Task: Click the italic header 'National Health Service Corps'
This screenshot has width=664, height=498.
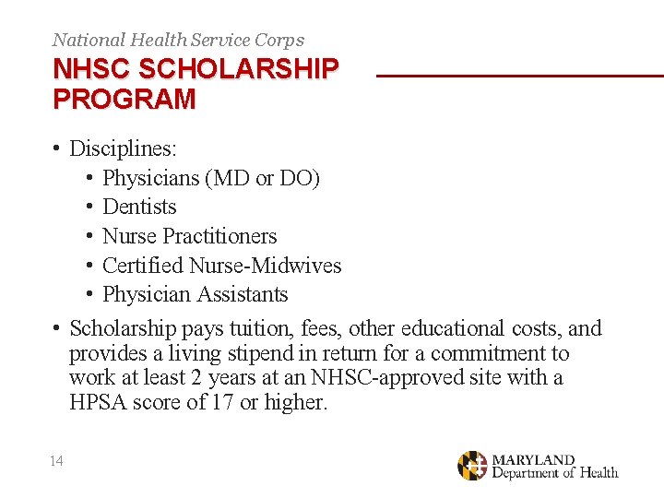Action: [178, 40]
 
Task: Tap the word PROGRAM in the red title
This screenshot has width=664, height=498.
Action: [125, 99]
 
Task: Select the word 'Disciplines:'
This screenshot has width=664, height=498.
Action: [125, 148]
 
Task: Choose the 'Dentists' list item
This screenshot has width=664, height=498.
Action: [139, 207]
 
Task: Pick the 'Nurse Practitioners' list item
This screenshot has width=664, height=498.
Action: [189, 236]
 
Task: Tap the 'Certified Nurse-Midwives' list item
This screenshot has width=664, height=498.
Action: [221, 266]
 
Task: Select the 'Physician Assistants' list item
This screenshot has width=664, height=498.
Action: [195, 295]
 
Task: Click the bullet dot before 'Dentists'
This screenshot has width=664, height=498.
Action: [90, 207]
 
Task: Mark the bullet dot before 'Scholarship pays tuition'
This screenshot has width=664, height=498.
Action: [57, 328]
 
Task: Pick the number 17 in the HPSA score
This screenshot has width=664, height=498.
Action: [222, 403]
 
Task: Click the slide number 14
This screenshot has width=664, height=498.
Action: [57, 461]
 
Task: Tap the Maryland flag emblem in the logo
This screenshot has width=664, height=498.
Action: [472, 466]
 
